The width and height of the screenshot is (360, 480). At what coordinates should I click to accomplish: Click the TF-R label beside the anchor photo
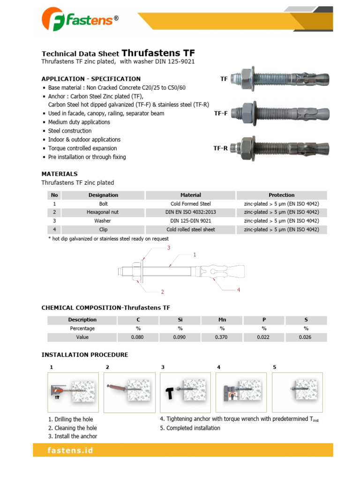[220, 148]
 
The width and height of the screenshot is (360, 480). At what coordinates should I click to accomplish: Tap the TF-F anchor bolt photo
[272, 113]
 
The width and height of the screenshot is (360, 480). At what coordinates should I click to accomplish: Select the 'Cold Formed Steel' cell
[191, 204]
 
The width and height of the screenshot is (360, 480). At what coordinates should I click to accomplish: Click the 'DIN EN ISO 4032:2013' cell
[191, 212]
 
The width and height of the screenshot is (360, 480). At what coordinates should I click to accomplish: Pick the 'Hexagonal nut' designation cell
[103, 212]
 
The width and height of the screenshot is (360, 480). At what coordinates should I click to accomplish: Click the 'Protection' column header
[281, 195]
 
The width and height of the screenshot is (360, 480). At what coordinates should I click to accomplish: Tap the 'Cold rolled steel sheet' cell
[191, 230]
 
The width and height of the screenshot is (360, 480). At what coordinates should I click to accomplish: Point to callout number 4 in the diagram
[238, 290]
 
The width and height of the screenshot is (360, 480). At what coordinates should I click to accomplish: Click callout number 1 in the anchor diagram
[194, 255]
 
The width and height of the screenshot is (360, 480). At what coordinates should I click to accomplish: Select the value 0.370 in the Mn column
[222, 337]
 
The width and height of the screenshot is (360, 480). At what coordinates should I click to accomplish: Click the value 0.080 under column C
[138, 337]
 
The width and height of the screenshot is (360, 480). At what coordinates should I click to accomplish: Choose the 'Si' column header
[180, 320]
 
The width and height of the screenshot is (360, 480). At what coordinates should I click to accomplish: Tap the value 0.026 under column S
[306, 337]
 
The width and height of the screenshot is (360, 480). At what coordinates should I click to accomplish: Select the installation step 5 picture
[297, 392]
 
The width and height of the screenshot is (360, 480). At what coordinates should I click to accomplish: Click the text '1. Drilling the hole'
[70, 420]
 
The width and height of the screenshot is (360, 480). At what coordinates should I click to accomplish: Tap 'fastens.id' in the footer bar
[70, 450]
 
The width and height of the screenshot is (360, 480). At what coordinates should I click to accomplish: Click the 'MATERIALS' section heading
[60, 174]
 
